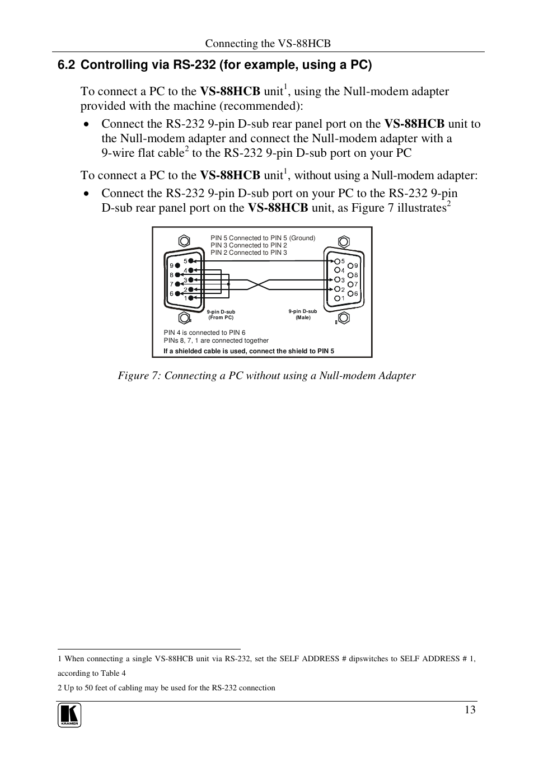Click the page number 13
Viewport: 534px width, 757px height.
470,710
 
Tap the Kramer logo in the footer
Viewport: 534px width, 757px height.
69,716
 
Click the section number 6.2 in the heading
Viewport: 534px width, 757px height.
66,65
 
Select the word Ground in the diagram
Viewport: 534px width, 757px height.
302,238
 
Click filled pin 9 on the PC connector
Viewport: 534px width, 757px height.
179,265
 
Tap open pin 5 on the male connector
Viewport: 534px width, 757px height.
337,261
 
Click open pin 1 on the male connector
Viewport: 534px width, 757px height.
337,298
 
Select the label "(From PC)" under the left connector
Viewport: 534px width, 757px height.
221,317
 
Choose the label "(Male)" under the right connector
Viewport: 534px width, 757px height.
303,317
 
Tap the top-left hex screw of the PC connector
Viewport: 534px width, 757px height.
184,241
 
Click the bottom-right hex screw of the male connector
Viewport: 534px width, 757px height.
344,317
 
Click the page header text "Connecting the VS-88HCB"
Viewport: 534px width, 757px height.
268,44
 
